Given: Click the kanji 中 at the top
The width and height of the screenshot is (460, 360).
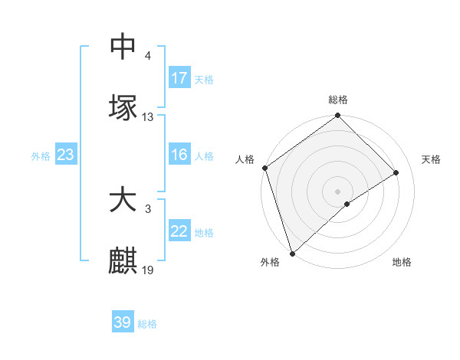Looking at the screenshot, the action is (x=123, y=46).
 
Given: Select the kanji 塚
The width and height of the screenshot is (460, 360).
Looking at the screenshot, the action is (x=123, y=107).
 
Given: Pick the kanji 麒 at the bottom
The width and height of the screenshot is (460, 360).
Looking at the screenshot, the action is (x=123, y=261).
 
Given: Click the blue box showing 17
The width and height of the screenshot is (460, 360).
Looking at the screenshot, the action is (x=179, y=78).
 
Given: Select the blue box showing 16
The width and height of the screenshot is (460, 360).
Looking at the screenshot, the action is (x=179, y=155).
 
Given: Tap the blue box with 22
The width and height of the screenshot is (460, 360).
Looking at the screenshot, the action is (x=179, y=231).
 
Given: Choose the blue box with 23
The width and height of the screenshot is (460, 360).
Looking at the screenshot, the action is (x=66, y=155).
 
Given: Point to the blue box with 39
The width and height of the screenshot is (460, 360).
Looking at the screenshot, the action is (x=123, y=322).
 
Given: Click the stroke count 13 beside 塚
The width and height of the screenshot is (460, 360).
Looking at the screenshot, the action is (x=148, y=117).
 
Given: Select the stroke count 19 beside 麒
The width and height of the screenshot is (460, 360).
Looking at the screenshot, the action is (x=148, y=270).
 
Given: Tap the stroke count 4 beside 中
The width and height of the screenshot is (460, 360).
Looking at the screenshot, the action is (x=148, y=56).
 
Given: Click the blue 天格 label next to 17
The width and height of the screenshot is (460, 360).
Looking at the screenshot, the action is (x=204, y=79).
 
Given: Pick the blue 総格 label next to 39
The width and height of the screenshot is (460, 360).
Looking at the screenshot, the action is (x=147, y=324).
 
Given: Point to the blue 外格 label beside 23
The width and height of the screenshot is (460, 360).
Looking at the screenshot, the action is (x=41, y=155).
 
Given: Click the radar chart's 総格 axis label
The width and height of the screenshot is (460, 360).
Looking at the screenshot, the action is (x=338, y=100).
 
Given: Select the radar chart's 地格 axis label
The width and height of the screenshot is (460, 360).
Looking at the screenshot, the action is (x=402, y=262).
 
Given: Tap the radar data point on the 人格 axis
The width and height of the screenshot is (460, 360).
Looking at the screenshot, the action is (x=264, y=168).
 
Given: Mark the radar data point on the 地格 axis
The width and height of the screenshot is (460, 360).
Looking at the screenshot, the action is (x=347, y=204).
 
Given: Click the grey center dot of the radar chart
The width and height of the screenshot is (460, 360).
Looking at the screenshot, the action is (x=337, y=191).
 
